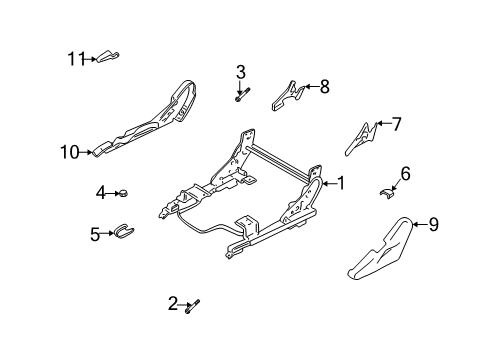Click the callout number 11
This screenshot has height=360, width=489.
(x=76, y=59)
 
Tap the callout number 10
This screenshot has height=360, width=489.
(x=69, y=153)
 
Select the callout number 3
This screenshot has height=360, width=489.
(x=241, y=71)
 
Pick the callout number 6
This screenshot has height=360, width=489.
(x=405, y=173)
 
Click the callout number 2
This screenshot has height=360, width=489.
(x=172, y=303)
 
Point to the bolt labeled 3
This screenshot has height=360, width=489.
(x=241, y=96)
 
